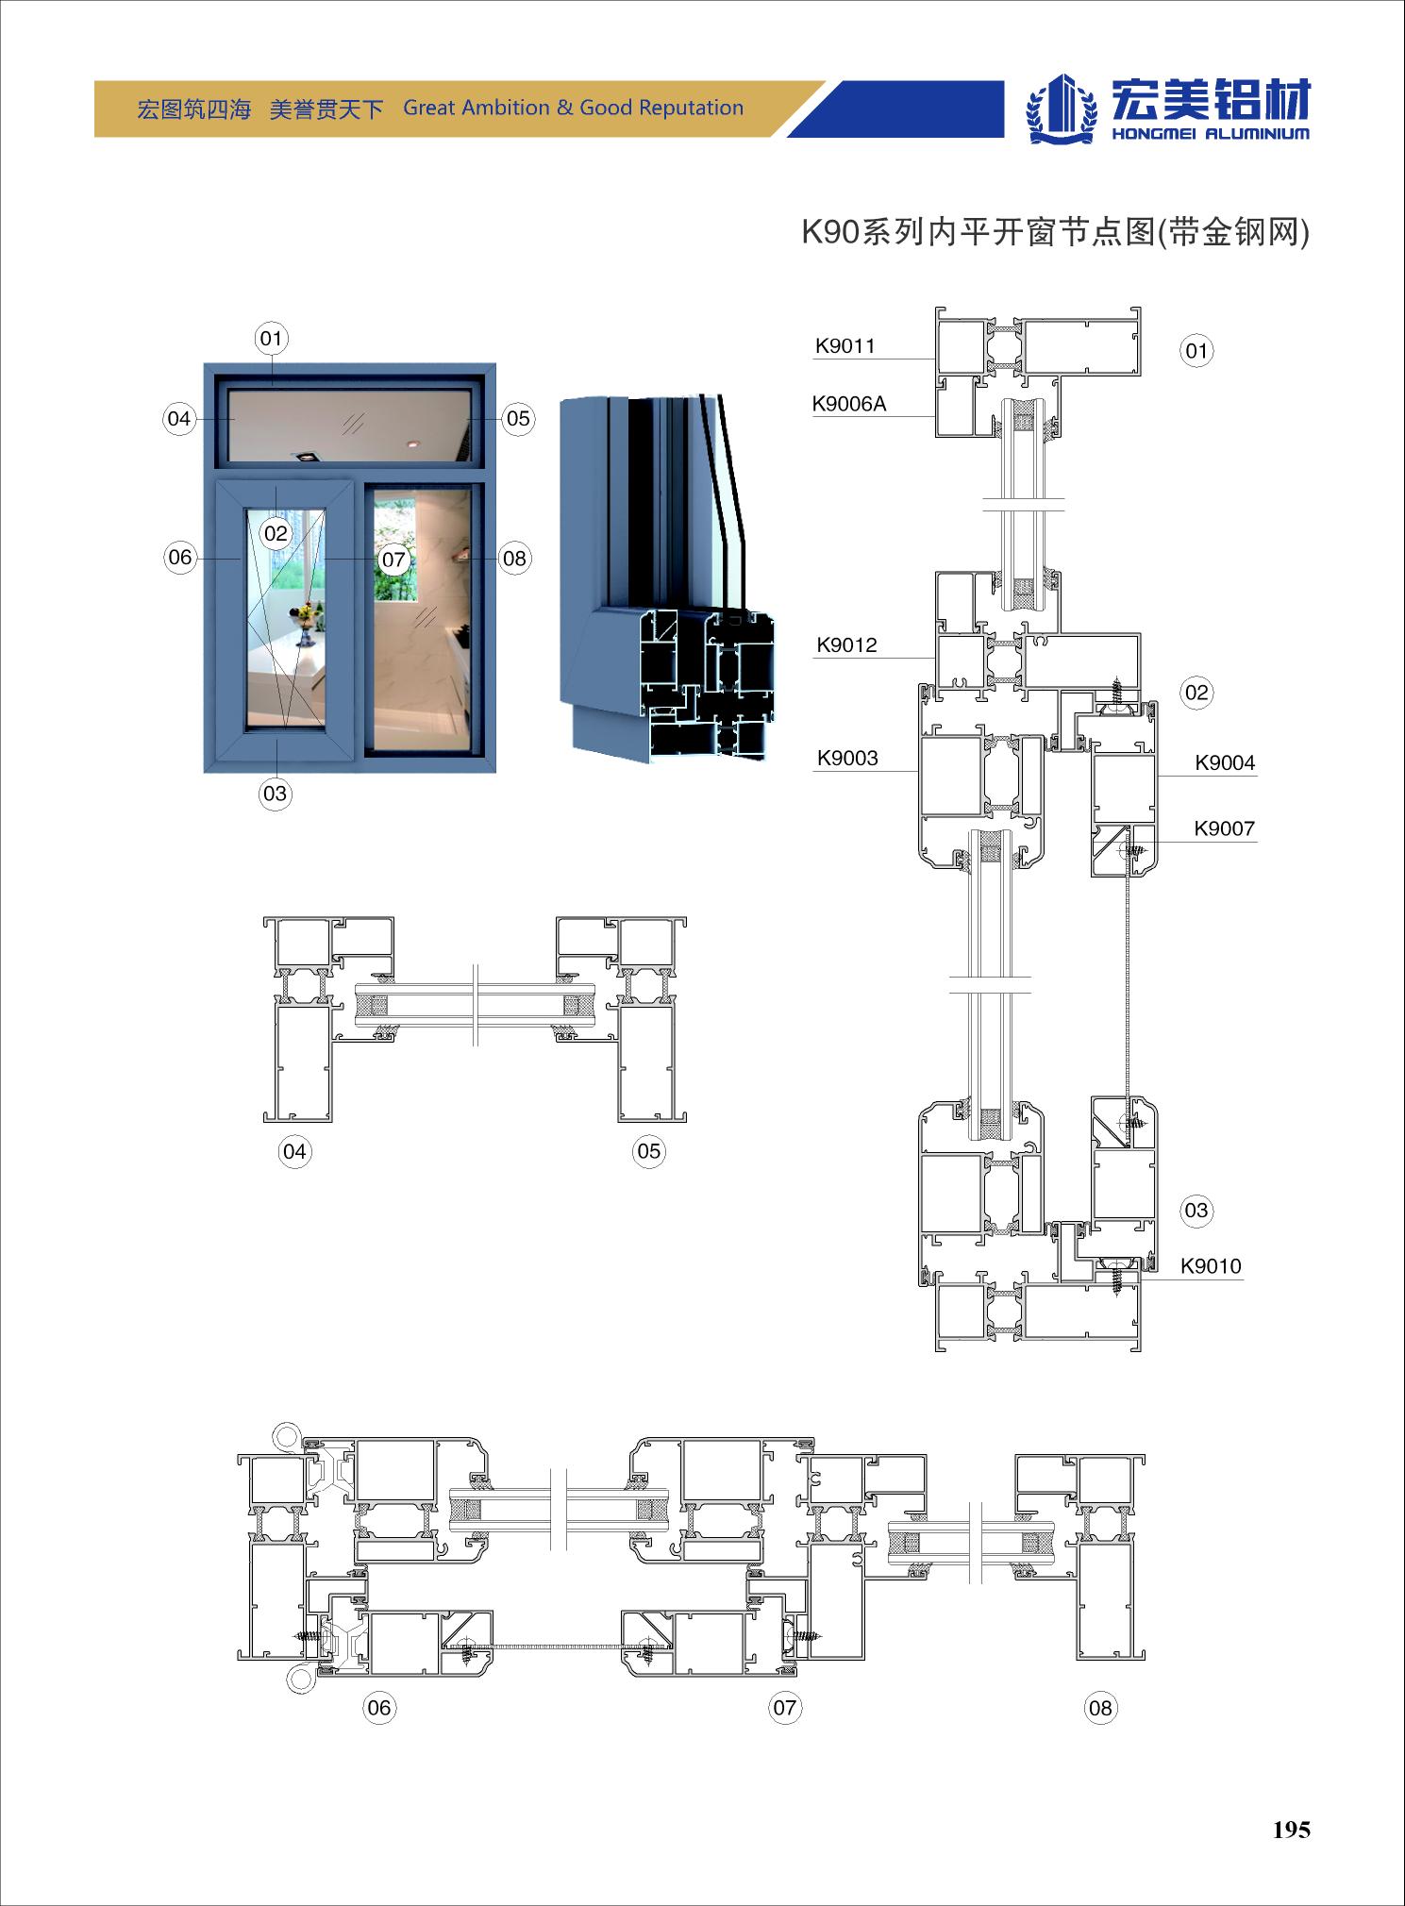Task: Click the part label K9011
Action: click(845, 346)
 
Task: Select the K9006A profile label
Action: click(849, 405)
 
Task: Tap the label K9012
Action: click(846, 645)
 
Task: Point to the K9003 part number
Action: click(847, 759)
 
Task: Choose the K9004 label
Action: click(1225, 763)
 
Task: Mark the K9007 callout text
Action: click(1224, 829)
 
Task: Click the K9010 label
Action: click(1211, 1266)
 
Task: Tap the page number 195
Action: click(1291, 1830)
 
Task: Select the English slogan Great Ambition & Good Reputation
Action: click(574, 108)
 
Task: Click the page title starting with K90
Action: click(1056, 231)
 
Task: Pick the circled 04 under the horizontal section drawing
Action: click(294, 1151)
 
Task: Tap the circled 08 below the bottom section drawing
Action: click(1100, 1708)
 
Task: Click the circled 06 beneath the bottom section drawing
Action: click(378, 1707)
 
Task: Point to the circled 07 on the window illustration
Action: click(393, 560)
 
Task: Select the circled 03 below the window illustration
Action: click(275, 794)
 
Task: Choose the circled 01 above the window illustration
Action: click(271, 339)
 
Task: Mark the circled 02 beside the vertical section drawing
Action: click(1196, 693)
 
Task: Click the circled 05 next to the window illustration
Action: click(518, 419)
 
